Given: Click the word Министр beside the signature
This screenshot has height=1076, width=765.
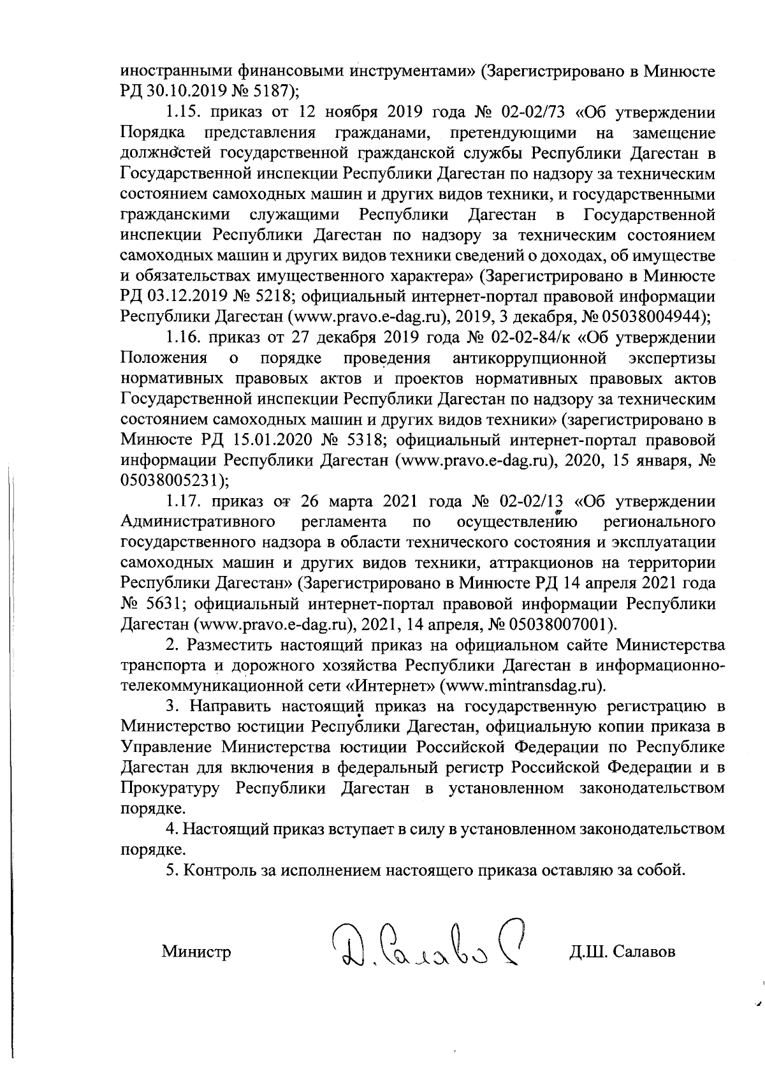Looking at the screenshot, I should point(196,952).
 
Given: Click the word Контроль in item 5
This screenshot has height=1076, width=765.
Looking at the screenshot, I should point(217,871).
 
